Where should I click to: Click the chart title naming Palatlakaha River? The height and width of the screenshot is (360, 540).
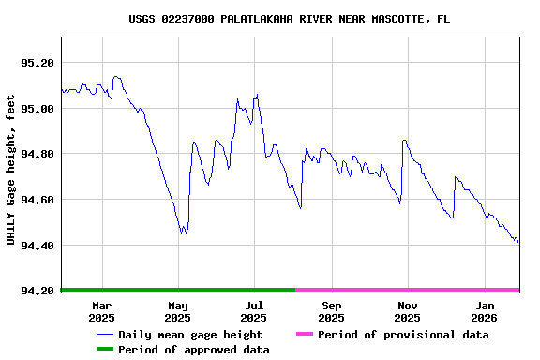pos(289,19)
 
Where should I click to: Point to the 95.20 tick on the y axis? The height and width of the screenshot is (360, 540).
pos(38,63)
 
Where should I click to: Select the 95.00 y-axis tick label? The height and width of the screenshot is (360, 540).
pos(38,109)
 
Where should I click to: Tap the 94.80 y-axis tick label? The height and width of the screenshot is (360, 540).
pos(38,155)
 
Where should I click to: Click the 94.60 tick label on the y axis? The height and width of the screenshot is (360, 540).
pos(38,201)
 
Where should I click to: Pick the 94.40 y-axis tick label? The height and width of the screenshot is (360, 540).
pos(38,246)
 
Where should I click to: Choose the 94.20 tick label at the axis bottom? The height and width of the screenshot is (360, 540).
pos(38,292)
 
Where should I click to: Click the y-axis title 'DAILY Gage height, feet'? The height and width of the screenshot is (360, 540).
pos(11,170)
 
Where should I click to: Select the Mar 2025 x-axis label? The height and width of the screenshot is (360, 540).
pos(101,311)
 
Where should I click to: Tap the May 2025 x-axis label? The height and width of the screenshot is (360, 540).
pos(178,311)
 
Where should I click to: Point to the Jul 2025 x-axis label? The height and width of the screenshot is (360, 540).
pos(254,311)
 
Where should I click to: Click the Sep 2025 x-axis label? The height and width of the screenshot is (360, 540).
pos(331,311)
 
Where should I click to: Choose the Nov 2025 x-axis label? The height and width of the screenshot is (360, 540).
pos(407,311)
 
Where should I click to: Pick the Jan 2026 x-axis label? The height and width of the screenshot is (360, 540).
pos(484,311)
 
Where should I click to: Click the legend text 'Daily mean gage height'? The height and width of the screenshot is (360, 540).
pos(190,335)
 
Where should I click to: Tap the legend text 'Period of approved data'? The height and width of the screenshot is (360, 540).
pos(193,350)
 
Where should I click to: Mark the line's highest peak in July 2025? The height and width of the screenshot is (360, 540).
pos(257,95)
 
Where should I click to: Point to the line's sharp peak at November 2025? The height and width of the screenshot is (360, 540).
pos(404,141)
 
